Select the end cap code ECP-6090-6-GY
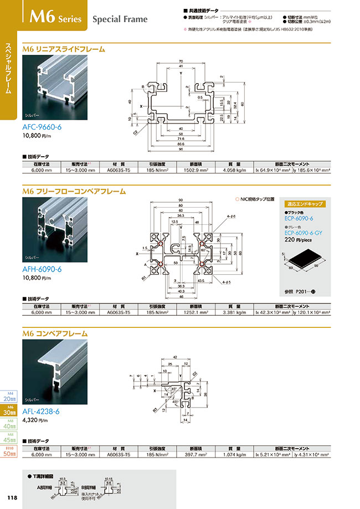(304, 233)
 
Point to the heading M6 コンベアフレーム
(55, 334)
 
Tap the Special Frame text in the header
(120, 19)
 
